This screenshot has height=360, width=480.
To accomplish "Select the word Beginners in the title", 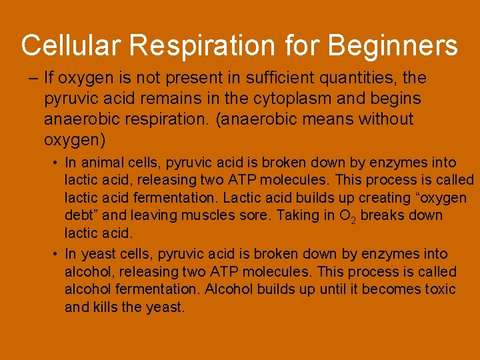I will [x=393, y=46].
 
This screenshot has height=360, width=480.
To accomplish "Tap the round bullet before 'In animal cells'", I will [x=56, y=163].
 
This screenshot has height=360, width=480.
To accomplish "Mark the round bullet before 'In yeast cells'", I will [x=56, y=254].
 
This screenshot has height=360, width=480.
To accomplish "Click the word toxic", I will [x=440, y=289].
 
